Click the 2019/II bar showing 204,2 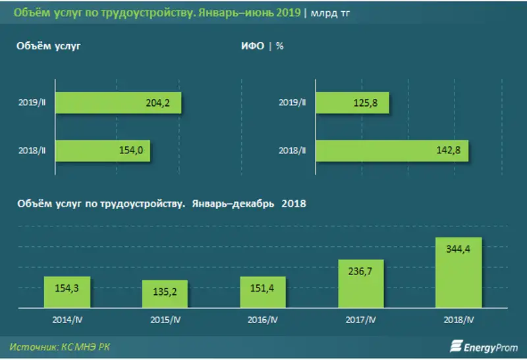pos(119,103)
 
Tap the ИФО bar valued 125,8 pos(352,103)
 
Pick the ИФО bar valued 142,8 pos(392,151)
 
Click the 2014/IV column pos(67,292)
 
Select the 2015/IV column pos(165,295)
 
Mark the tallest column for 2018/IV pos(459,272)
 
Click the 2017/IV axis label pos(361,320)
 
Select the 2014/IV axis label pos(67,320)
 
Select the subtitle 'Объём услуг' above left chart pos(49,46)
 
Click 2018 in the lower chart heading pos(294,204)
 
